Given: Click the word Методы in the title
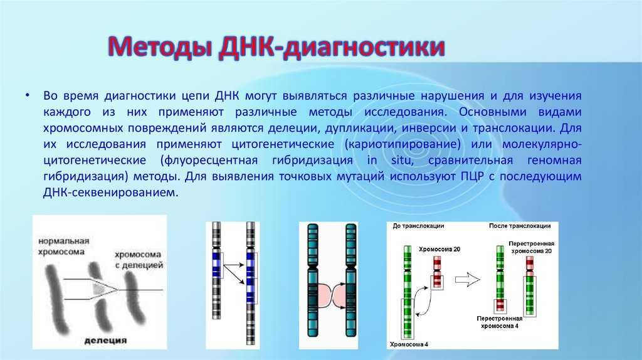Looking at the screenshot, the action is point(160,47).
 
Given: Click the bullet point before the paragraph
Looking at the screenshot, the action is point(28,95).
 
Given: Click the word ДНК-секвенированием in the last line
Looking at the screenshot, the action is point(110,193).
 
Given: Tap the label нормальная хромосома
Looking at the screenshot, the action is point(63,246).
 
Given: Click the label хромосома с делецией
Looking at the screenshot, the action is point(139,260).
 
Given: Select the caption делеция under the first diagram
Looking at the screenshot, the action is point(105,341).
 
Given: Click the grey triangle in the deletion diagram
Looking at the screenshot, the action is point(98,289).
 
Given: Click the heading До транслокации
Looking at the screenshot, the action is point(418,226).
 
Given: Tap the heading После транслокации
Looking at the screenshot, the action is point(520,226).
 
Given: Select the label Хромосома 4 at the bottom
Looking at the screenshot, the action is point(409,344).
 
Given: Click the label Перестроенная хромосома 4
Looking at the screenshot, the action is point(500,322).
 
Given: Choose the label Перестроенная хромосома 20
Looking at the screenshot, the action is point(532,247).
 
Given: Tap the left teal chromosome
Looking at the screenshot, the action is point(313,280).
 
